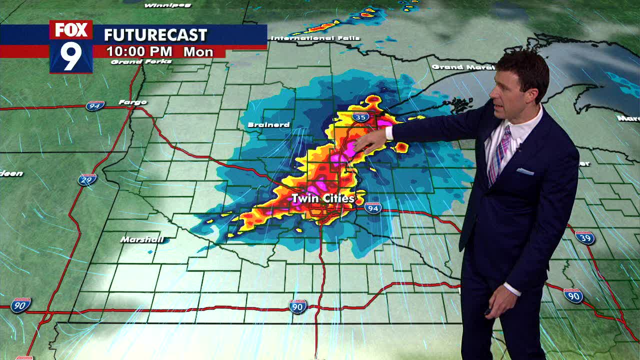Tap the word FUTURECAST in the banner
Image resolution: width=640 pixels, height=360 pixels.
pyautogui.click(x=155, y=35)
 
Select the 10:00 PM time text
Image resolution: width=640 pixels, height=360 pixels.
pyautogui.click(x=139, y=51)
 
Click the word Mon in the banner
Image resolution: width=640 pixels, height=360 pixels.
pyautogui.click(x=198, y=52)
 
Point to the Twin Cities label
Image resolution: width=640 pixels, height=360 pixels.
pyautogui.click(x=323, y=198)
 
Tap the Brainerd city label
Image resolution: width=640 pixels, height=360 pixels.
pyautogui.click(x=269, y=124)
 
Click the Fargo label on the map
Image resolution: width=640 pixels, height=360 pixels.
pyautogui.click(x=132, y=102)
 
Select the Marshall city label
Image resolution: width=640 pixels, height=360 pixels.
pyautogui.click(x=142, y=239)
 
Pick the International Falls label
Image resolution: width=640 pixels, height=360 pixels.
pyautogui.click(x=315, y=38)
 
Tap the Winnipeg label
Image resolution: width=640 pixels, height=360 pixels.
pyautogui.click(x=167, y=5)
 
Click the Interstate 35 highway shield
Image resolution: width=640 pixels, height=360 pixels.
pyautogui.click(x=360, y=117)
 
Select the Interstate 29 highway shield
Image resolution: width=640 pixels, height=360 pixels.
pyautogui.click(x=87, y=179)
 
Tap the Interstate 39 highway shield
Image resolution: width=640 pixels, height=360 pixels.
pyautogui.click(x=584, y=237)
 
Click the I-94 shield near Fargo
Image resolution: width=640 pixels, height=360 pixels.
pyautogui.click(x=94, y=105)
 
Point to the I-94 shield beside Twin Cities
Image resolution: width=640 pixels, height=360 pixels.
pyautogui.click(x=372, y=207)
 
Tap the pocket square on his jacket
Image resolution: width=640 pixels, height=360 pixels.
pyautogui.click(x=524, y=171)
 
